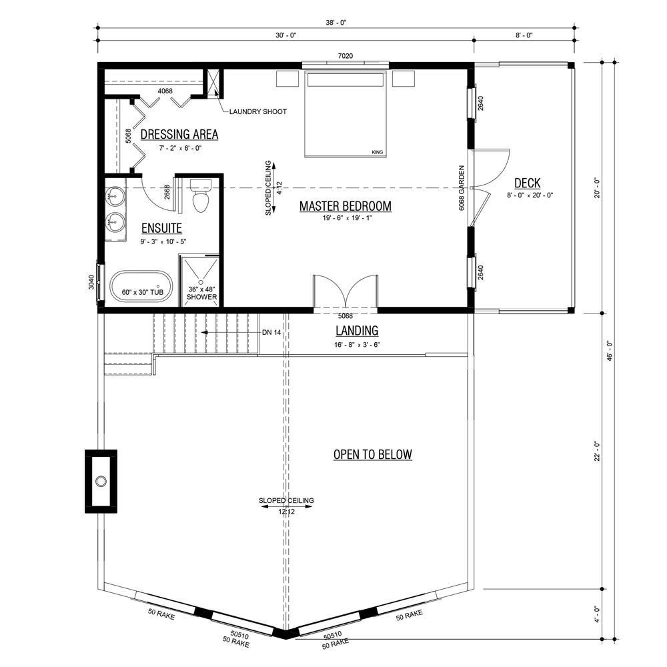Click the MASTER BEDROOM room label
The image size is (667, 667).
345,207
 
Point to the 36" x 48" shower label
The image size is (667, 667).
201,293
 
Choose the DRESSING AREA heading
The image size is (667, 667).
179,135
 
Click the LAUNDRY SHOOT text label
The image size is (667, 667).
257,111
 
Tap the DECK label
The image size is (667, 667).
527,183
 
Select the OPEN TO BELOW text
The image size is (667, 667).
372,455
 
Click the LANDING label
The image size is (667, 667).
356,331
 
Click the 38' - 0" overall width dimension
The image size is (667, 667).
337,23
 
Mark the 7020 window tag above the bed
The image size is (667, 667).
345,57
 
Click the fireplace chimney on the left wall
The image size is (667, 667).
101,481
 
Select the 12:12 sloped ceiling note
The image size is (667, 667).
286,512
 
